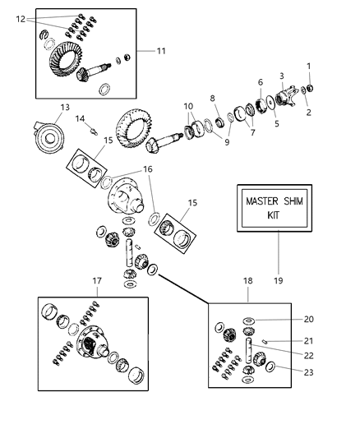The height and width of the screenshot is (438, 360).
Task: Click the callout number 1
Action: click(309, 67)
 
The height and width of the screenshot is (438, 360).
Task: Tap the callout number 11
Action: click(160, 51)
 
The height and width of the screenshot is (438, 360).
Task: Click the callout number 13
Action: click(65, 108)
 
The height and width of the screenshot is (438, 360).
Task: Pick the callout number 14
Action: click(81, 118)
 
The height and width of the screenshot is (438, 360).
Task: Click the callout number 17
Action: click(96, 281)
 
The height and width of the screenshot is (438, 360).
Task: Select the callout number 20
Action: click(309, 319)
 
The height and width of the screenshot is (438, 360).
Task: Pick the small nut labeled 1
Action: click(312, 88)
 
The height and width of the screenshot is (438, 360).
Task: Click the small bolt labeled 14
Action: click(92, 131)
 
